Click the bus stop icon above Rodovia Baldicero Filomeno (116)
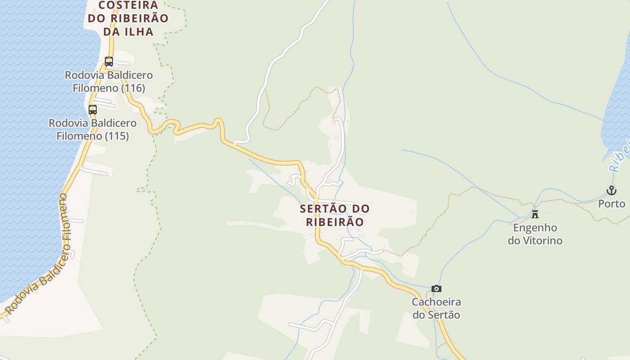tap(109, 61)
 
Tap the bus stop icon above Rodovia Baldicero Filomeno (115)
tap(93, 109)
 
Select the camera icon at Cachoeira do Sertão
tap(436, 289)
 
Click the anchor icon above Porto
tap(611, 191)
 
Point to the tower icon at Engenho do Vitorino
tap(535, 214)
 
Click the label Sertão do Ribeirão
tap(335, 215)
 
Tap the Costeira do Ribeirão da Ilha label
tap(128, 18)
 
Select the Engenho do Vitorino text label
tap(535, 234)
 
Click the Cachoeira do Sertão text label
tap(436, 308)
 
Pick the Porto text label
tap(612, 204)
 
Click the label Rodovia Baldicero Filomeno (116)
tap(109, 81)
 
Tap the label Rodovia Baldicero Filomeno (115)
tap(93, 129)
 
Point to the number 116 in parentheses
tap(133, 88)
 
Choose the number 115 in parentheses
tap(117, 136)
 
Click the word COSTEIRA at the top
tap(128, 5)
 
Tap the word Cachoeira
tap(436, 302)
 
